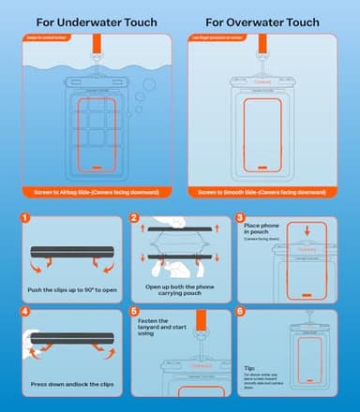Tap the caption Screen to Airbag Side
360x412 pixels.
pyautogui.click(x=90, y=192)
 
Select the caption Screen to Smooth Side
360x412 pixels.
pyautogui.click(x=269, y=192)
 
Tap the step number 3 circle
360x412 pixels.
pyautogui.click(x=240, y=222)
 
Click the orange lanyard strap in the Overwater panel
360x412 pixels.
pyautogui.click(x=270, y=51)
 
